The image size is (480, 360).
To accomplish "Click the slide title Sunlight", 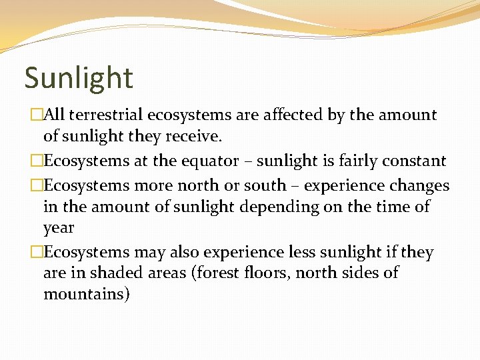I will point(79,78).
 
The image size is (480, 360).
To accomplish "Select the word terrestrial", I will point(105,115).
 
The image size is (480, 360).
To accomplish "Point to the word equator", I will point(211,161).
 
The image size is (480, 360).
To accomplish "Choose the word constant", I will point(413,161).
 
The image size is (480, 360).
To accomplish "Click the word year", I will point(59,229).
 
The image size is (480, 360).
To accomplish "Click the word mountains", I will point(85,294).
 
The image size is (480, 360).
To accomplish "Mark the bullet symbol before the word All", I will point(37,115).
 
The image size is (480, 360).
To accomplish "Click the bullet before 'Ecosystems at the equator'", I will point(37,161).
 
